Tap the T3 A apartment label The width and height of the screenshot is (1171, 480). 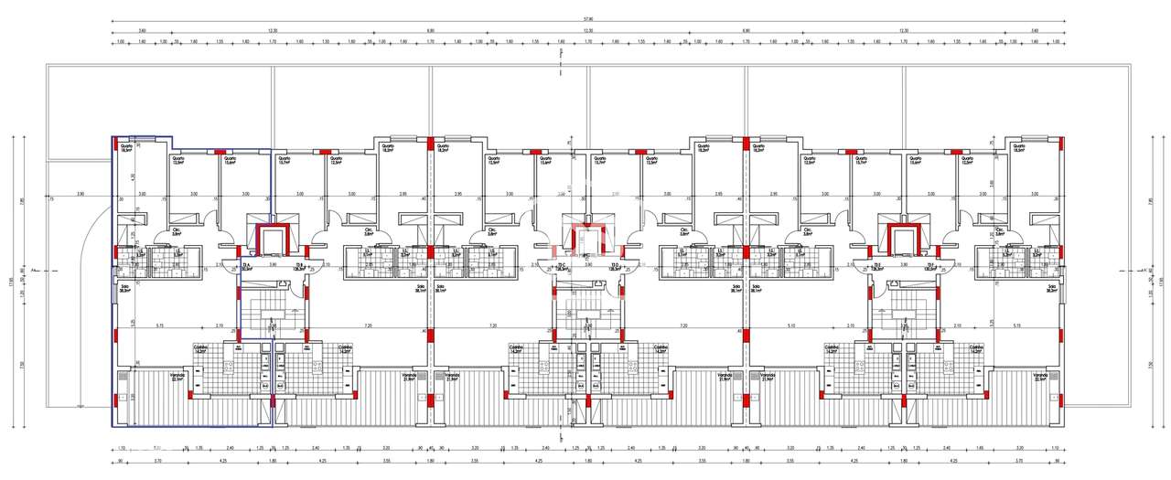(246, 267)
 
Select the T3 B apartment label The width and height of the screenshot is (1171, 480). (298, 267)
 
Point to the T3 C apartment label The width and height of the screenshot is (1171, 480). (562, 267)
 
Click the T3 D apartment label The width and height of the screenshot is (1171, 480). (614, 267)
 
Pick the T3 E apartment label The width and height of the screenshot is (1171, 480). (876, 267)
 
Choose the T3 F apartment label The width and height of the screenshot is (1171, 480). (929, 267)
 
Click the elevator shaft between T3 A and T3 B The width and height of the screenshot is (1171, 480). (272, 241)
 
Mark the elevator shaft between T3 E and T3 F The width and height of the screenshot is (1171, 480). (902, 241)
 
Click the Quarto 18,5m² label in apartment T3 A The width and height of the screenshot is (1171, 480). (126, 148)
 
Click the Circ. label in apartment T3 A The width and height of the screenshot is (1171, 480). (177, 231)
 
